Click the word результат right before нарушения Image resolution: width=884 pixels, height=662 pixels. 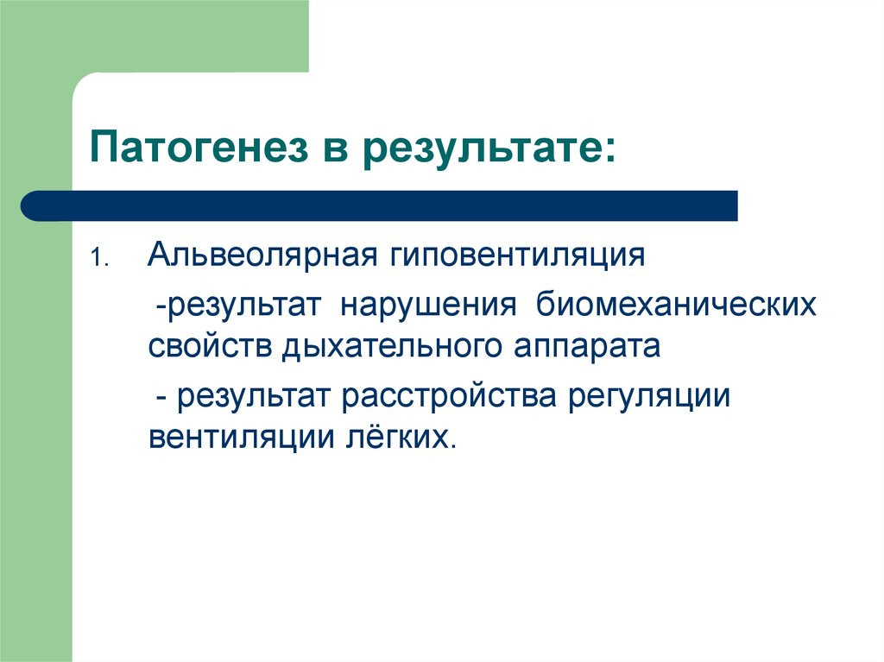pos(245,306)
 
